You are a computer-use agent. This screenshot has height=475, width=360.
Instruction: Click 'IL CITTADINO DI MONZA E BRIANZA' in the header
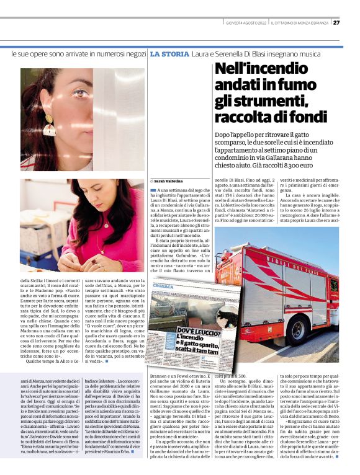click(300, 23)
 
